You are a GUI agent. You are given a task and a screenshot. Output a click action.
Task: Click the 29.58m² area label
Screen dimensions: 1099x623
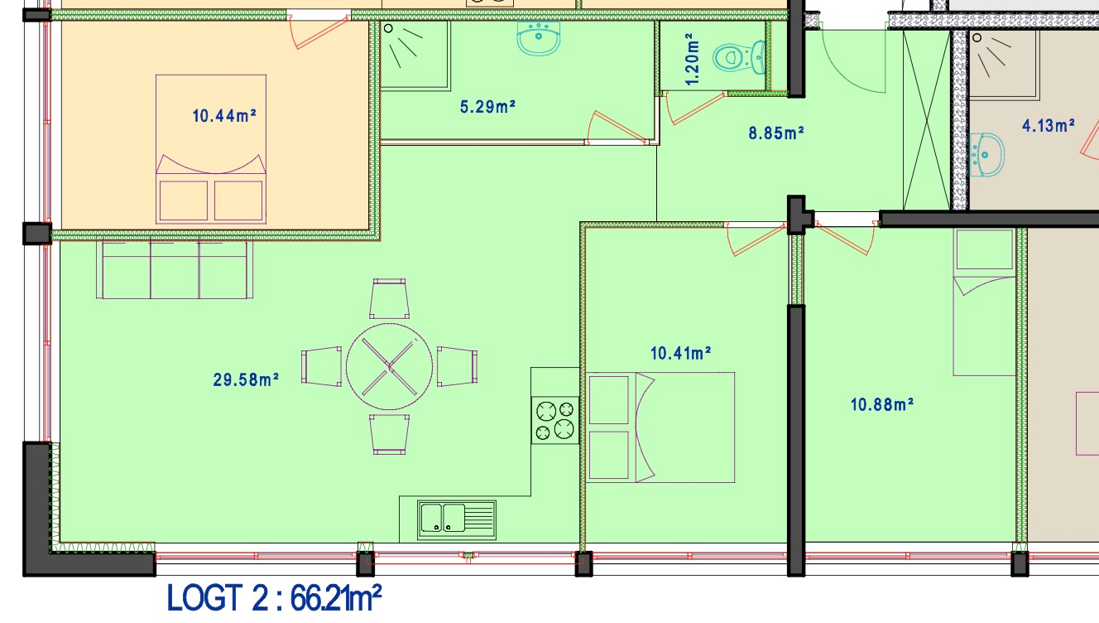point(246,379)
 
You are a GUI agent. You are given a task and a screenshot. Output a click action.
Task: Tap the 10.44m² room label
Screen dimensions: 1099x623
point(224,116)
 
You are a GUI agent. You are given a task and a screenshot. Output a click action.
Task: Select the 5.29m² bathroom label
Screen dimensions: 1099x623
point(487,107)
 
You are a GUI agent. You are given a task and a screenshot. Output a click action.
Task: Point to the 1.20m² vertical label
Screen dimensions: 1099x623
point(691,59)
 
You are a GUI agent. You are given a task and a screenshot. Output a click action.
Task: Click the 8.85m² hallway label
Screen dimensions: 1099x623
point(776,133)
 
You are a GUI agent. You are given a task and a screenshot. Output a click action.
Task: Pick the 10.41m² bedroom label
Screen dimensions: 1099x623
point(680,353)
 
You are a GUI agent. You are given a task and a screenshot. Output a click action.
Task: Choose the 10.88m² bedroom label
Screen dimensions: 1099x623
point(881,404)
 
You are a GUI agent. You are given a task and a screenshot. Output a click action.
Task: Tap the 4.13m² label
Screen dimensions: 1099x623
point(1049,126)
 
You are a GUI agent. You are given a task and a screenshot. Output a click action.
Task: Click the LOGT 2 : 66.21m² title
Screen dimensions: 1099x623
point(274,598)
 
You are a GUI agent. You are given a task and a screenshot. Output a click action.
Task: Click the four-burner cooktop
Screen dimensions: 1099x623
point(555,421)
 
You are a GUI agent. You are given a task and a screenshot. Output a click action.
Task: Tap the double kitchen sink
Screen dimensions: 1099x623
point(456,520)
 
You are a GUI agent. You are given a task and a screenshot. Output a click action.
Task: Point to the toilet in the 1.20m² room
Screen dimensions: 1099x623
point(739,57)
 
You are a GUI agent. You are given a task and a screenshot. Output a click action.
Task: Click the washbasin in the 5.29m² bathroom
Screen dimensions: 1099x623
point(538,38)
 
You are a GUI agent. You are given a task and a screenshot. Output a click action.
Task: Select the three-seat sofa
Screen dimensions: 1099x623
point(175,270)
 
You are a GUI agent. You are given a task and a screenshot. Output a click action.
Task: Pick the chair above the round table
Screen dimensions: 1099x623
point(390,299)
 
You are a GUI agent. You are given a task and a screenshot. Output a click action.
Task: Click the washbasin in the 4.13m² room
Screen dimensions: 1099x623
point(987,155)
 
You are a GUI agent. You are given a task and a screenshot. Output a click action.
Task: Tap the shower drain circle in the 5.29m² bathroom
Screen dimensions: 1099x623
point(388,28)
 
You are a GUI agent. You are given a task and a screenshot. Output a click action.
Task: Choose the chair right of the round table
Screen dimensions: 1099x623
point(458,366)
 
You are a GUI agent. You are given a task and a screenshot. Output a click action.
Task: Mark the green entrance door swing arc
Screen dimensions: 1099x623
point(843,75)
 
